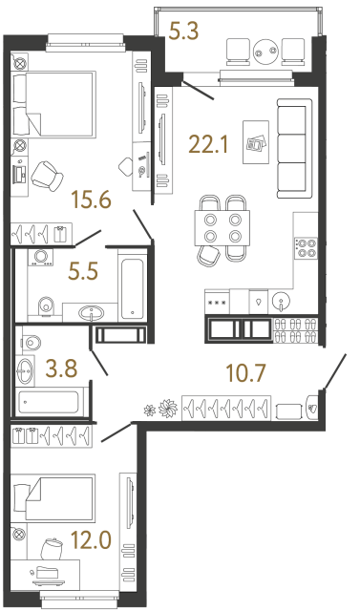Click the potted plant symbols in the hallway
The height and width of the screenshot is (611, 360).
click(x=160, y=407)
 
